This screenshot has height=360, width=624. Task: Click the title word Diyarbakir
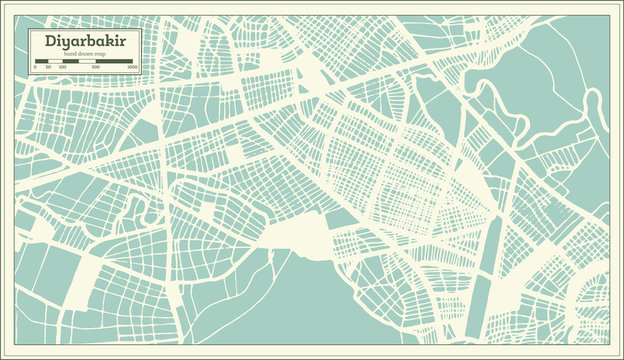(x=78, y=41)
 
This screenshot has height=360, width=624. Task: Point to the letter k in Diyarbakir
(x=103, y=41)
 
